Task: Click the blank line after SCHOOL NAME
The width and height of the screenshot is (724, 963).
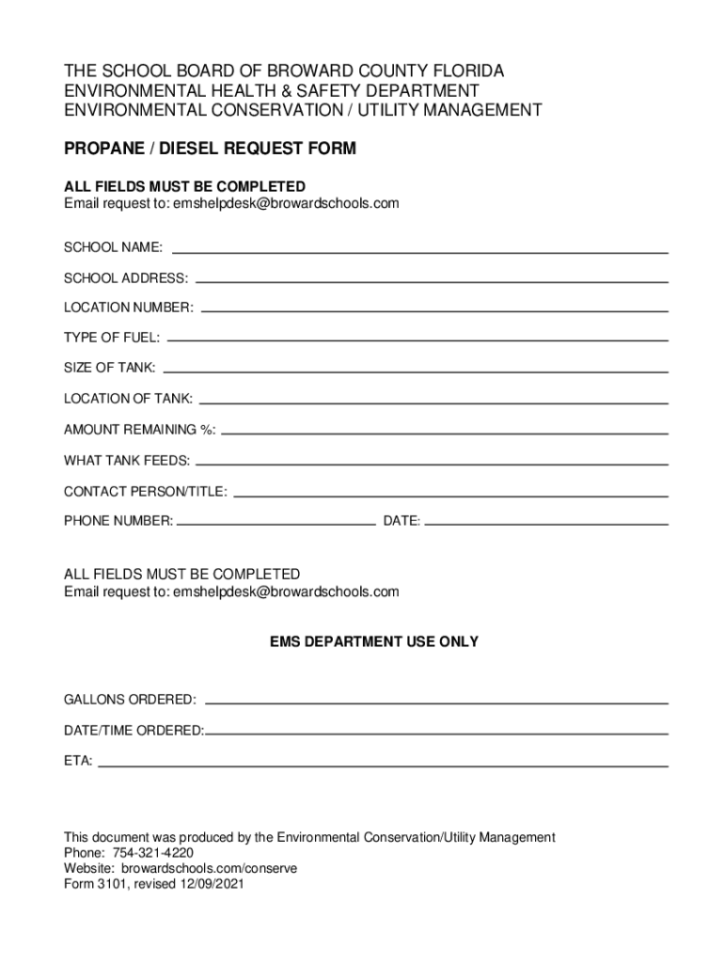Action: coord(419,251)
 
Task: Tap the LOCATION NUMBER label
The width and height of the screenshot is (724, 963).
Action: coord(129,308)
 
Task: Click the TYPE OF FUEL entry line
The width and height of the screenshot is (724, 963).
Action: coord(417,339)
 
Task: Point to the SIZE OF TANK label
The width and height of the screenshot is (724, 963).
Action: coord(110,368)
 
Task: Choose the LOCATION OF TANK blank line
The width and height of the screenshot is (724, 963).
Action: coord(434,402)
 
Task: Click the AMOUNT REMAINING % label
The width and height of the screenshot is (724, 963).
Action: coord(139,430)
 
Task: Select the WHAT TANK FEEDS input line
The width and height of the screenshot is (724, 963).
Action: coord(432,463)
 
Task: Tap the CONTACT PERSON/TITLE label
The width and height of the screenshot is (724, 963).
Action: coord(145,492)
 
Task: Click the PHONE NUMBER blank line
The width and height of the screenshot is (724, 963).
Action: coord(275,522)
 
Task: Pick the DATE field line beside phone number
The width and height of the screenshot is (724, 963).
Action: coord(546,522)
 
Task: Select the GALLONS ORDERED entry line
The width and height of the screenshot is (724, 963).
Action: coord(436,702)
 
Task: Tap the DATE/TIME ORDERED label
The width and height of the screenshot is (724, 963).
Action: coord(134,731)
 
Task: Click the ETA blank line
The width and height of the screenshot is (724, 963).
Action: coord(383,766)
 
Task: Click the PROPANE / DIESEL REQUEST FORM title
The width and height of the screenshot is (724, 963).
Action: coord(210,149)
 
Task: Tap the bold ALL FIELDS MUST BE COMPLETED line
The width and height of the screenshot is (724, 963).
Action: coord(184,186)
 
